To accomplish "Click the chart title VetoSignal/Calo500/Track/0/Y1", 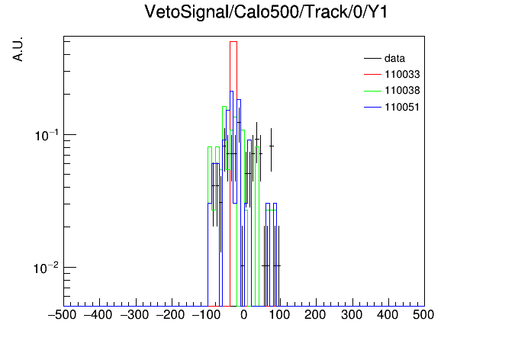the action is tap(265, 12).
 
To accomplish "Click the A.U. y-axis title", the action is tap(18, 49).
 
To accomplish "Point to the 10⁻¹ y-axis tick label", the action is tap(47, 135).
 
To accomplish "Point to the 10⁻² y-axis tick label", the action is tap(47, 268).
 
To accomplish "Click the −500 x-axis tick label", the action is tap(63, 315).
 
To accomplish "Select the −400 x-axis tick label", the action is tap(98, 315).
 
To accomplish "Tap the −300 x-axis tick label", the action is tap(134, 315).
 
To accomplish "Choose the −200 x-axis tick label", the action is tap(170, 315).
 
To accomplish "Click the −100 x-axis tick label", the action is tap(206, 315).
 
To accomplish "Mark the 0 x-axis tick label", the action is tap(244, 315).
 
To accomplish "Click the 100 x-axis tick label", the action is tap(279, 315).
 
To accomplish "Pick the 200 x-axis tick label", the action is tap(315, 315).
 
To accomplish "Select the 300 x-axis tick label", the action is tap(352, 315).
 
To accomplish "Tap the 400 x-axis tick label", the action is tap(388, 315).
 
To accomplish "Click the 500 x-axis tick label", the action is tap(423, 315).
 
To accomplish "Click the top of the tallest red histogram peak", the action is tap(233, 42).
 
